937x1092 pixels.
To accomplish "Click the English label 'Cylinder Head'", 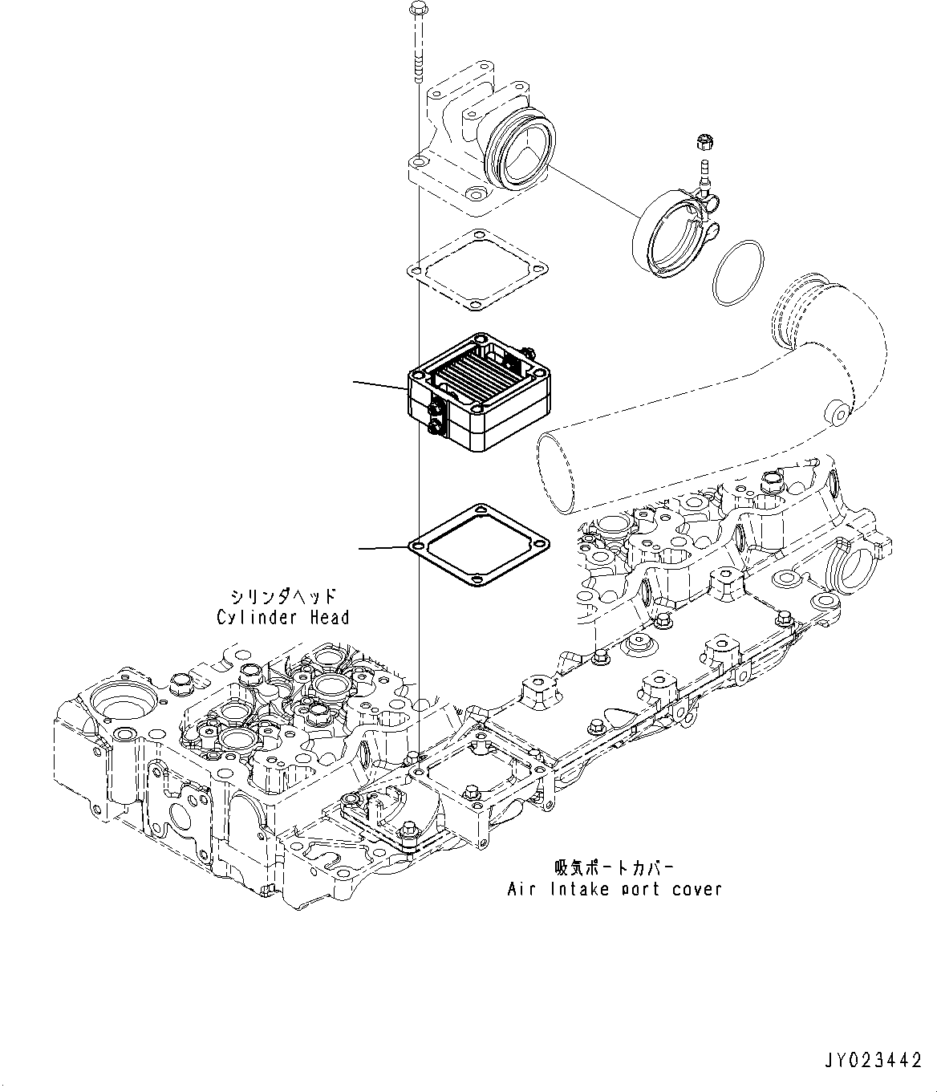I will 283,617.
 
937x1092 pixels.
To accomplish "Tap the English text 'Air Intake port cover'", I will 615,889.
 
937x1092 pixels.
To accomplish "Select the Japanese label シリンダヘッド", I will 283,596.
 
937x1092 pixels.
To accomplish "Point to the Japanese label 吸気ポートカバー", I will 614,868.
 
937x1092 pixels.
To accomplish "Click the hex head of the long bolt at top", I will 417,10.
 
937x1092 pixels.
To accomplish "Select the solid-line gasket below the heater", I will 479,547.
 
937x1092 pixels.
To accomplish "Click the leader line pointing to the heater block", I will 381,386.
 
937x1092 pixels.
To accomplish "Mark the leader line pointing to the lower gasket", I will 383,548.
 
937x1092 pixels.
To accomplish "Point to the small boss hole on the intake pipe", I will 838,415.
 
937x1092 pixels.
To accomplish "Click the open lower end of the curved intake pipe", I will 560,473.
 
